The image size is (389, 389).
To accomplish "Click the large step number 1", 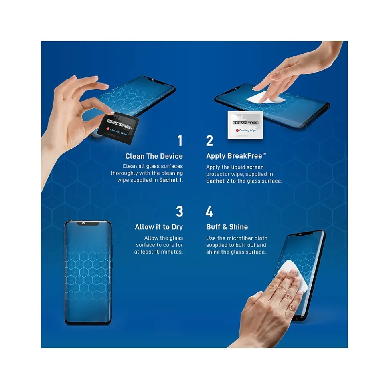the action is click(180, 141).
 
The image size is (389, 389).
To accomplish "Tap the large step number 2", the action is click(209, 141).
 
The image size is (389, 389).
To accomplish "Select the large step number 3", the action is click(180, 212).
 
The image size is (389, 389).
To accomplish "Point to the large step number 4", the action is click(209, 212).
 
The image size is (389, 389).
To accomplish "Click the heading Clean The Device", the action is click(154, 156).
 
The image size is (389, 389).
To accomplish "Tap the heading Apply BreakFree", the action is click(236, 156).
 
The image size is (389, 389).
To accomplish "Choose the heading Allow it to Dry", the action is click(159, 227).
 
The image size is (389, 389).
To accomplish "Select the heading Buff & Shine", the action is click(227, 227).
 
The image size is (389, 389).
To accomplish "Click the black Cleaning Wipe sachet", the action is click(118, 128).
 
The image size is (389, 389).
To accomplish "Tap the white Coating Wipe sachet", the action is click(245, 125).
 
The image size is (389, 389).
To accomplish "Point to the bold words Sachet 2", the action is click(218, 181).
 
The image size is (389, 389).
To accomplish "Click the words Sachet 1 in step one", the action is click(171, 180).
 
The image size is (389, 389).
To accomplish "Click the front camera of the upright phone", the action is click(83, 223).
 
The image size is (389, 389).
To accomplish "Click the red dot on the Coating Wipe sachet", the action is click(237, 130).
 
